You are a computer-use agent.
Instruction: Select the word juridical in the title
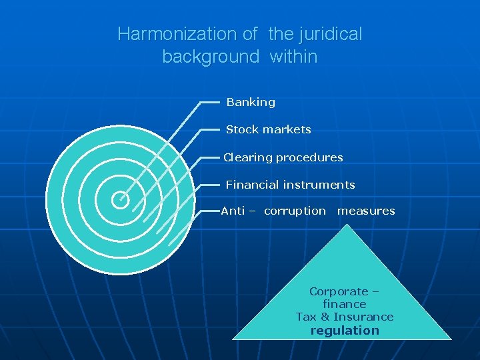click(x=331, y=34)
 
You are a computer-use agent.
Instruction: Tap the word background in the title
click(x=211, y=57)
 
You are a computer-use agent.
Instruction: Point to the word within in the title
click(x=293, y=57)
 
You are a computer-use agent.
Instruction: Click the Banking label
click(x=251, y=103)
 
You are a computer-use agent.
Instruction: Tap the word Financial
click(x=251, y=185)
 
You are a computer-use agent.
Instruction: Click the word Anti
click(x=233, y=211)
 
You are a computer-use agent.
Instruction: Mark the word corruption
click(x=295, y=211)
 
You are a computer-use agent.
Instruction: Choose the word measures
click(x=366, y=211)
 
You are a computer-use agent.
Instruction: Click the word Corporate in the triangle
click(x=339, y=291)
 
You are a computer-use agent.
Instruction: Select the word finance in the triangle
click(x=344, y=304)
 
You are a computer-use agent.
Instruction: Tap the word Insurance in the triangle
click(x=363, y=317)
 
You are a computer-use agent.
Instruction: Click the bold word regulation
click(x=345, y=331)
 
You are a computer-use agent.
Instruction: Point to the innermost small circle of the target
click(x=120, y=197)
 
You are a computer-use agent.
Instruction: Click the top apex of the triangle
click(x=345, y=225)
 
